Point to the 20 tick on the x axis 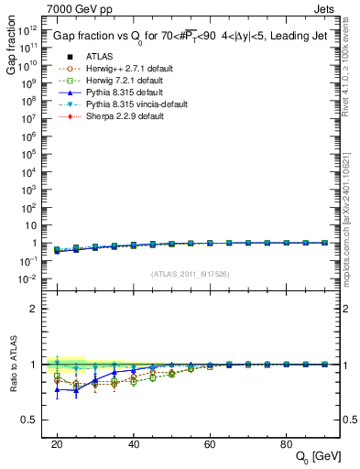(x=57, y=443)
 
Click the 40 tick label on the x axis (x=133, y=443)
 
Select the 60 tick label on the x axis (x=210, y=443)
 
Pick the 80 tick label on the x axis (x=286, y=443)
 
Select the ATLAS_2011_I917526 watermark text (x=190, y=274)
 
